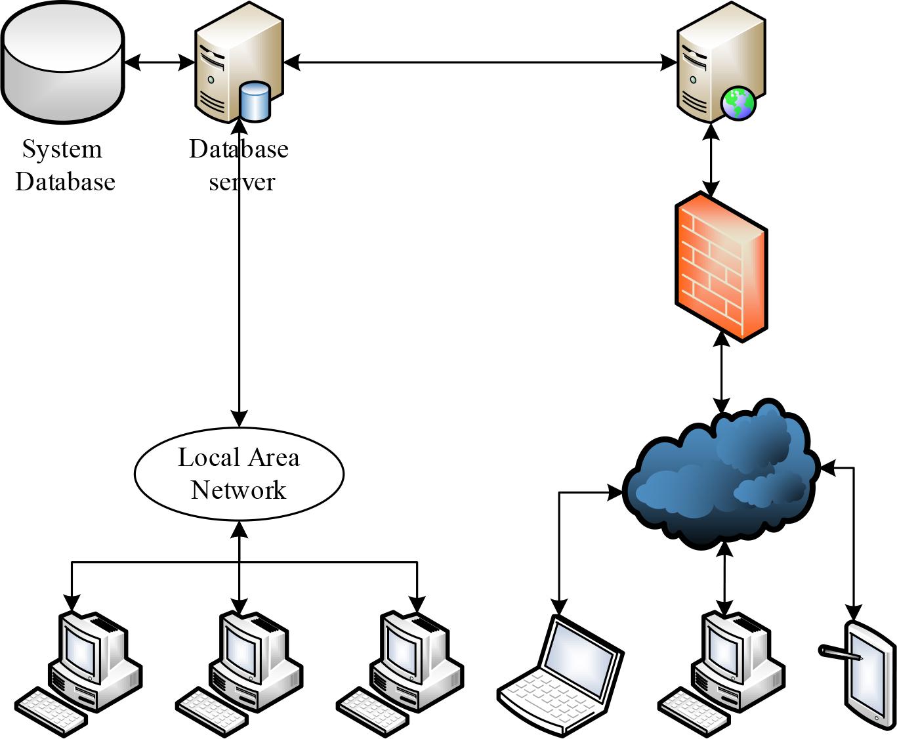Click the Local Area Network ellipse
239,473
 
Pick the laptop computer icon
561,676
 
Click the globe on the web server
738,104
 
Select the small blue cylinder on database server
255,102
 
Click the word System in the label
62,150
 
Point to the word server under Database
241,182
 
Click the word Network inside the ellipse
239,490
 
